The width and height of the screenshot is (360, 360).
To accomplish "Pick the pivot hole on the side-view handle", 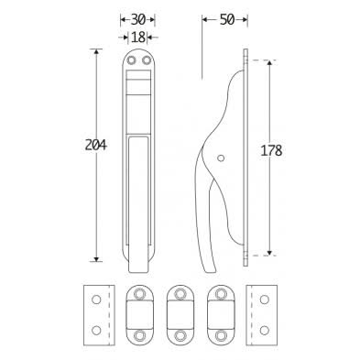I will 220,166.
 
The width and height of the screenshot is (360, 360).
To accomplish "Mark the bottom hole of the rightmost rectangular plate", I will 265,329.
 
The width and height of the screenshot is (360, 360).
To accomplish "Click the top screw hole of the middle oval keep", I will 179,293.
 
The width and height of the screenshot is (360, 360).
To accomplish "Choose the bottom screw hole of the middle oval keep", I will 179,336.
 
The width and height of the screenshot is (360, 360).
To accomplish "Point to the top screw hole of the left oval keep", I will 137,293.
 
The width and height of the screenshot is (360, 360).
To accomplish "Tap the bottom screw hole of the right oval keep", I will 220,336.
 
